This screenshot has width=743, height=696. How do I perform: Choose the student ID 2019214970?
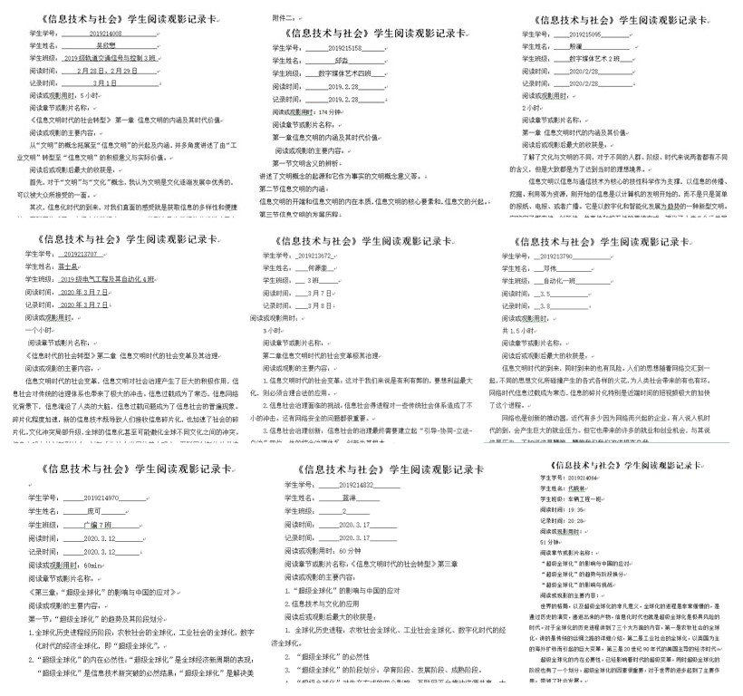tap(101, 498)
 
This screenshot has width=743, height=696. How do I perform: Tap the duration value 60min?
tap(93, 564)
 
